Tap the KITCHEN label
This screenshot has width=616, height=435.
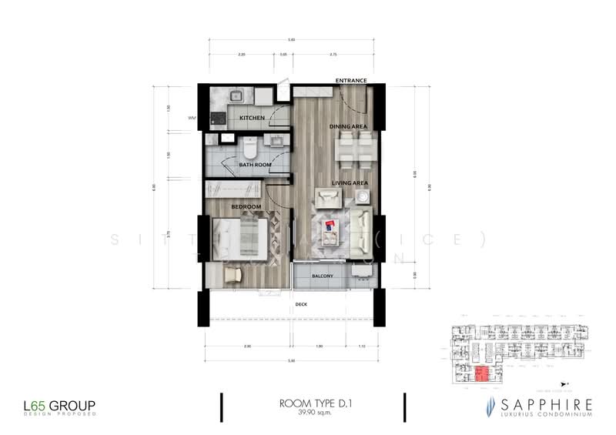[252, 118]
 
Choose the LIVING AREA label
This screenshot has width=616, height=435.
[349, 182]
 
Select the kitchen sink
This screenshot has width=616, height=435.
[238, 96]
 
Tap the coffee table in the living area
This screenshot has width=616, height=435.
[329, 226]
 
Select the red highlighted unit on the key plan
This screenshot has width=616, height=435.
[480, 374]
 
